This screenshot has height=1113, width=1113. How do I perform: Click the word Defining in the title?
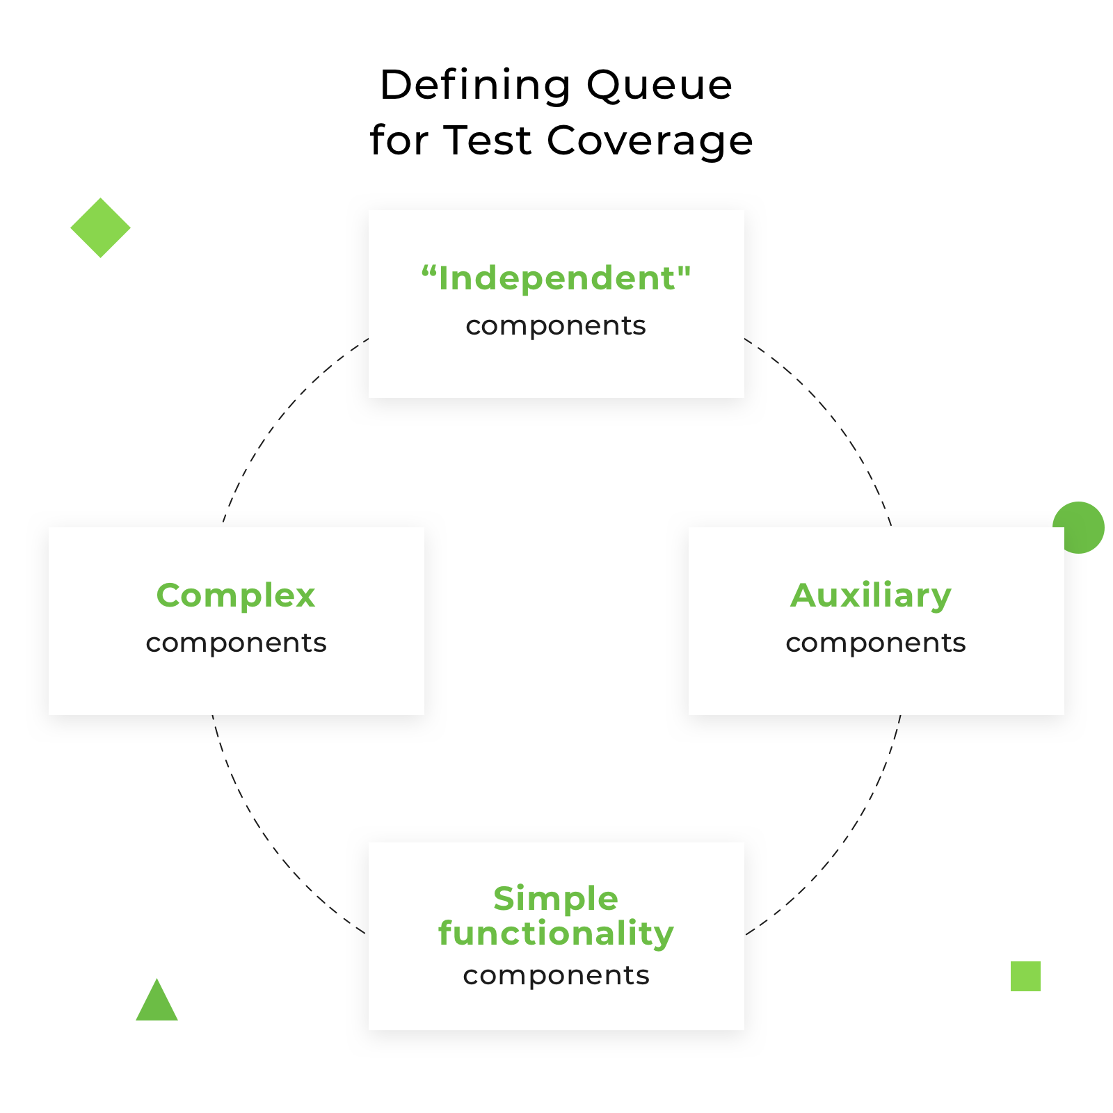475,86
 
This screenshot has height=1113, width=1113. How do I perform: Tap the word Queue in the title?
659,86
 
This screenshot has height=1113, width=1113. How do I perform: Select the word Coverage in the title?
649,141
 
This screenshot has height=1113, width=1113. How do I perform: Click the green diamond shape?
100,227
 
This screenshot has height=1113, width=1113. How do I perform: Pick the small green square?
1025,976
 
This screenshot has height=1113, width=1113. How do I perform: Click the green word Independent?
556,278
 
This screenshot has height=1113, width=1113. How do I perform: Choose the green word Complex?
236,595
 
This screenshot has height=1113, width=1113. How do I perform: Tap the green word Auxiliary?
871,595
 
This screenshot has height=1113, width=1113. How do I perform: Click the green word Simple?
556,898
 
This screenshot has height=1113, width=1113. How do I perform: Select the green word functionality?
556,933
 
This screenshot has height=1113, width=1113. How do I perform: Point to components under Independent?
556,326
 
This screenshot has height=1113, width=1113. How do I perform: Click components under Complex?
236,643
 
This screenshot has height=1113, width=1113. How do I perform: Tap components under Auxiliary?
876,643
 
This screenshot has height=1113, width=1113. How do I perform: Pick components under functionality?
556,975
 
